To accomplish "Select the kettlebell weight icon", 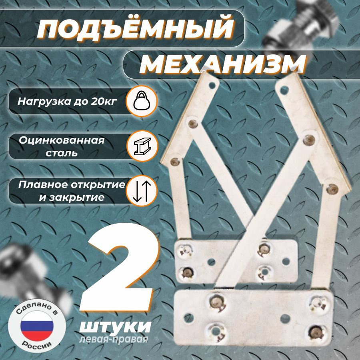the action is pos(142,101).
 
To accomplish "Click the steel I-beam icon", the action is pos(142,146).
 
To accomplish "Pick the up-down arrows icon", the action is pos(142,191).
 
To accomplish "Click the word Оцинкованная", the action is pos(62,140).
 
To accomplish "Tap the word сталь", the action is pos(62,153).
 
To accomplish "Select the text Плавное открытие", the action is pos(72,184).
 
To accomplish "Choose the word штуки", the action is pos(115,326).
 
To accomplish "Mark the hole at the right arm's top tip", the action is pos(284,89).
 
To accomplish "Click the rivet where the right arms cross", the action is pos(309,140).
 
